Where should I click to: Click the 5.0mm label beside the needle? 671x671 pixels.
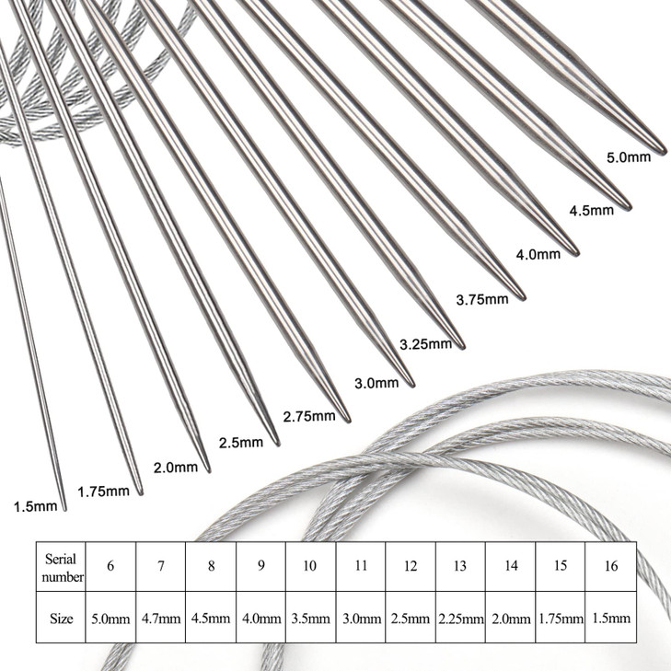point(629,157)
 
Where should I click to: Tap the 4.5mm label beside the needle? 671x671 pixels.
point(591,210)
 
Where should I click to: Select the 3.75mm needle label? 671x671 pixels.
point(482,299)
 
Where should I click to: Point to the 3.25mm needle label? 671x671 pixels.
point(425,344)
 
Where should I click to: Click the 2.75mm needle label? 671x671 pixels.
point(309,416)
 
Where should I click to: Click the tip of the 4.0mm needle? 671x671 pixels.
point(576,250)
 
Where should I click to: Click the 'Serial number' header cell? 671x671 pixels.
point(61,567)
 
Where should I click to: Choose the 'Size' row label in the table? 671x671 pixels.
point(61,619)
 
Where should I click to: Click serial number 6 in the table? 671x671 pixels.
point(110,567)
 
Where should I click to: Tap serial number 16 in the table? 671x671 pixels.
point(610,567)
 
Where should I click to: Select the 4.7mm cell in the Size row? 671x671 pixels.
point(161,619)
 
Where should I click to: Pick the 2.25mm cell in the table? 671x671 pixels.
point(460,619)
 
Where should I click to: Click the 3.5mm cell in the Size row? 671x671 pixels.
point(310,619)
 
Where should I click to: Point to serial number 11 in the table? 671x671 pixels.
point(361,567)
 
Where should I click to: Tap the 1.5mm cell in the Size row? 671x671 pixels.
point(610,619)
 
